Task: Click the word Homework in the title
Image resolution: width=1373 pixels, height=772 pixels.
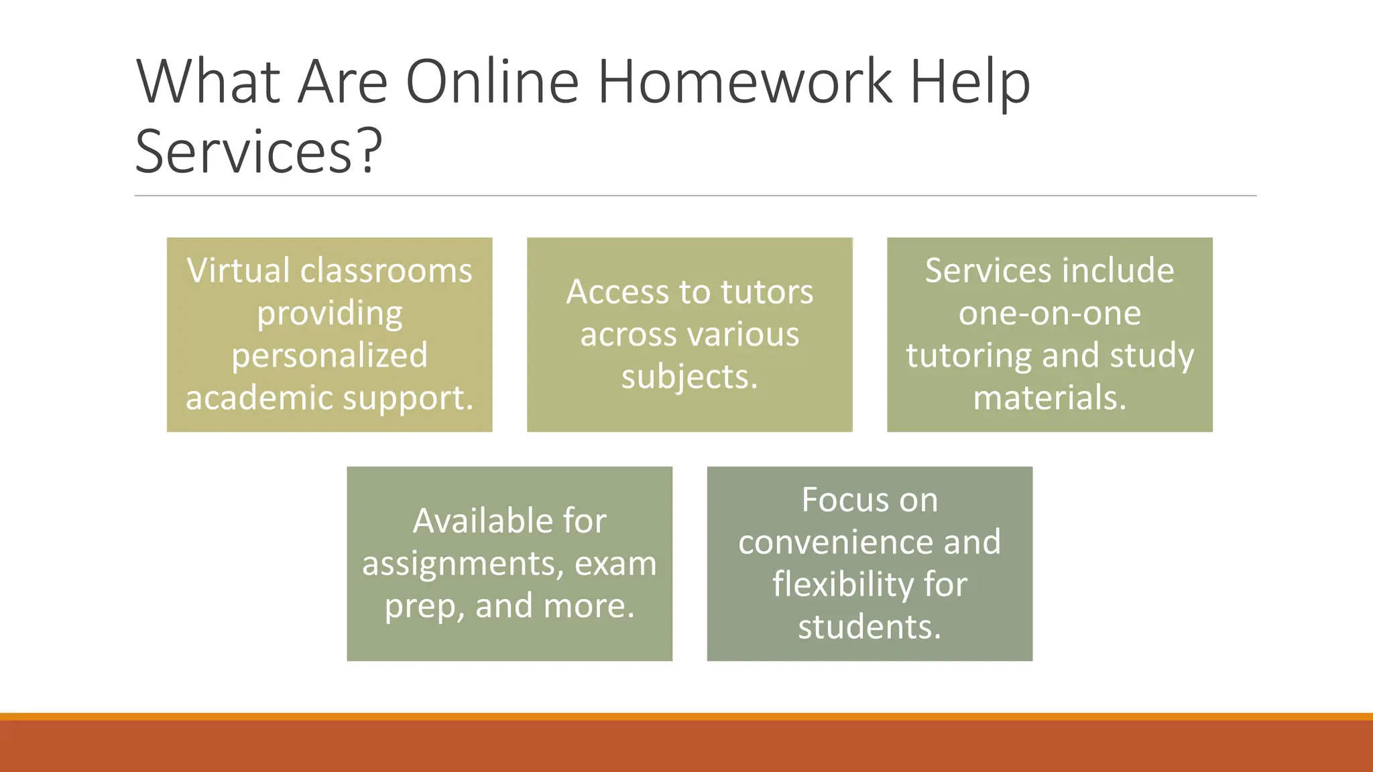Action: [x=745, y=82]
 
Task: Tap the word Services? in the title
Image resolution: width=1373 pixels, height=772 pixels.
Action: [x=259, y=151]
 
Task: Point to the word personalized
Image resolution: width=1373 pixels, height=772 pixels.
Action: [x=329, y=356]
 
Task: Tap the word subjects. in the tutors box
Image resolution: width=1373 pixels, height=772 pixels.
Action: [x=689, y=377]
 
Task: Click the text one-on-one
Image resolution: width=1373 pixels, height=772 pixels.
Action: [x=1049, y=313]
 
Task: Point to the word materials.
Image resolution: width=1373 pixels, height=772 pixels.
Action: [x=1049, y=397]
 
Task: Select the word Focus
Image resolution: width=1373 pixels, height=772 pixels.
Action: [x=839, y=500]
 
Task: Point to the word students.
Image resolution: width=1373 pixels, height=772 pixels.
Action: [x=870, y=627]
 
